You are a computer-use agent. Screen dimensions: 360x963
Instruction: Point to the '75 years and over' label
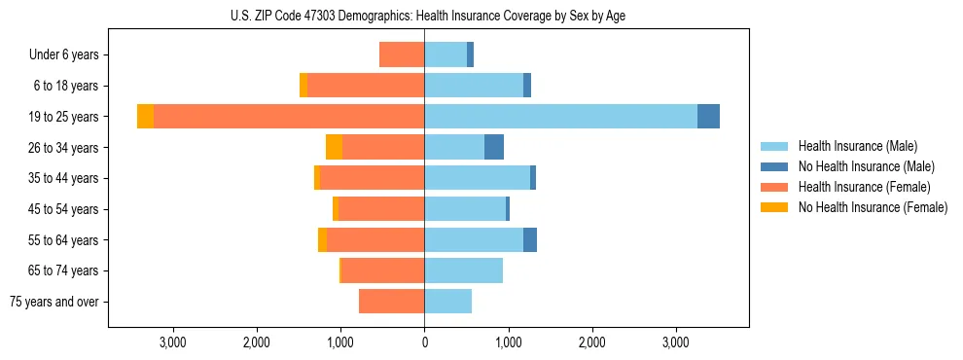pos(54,302)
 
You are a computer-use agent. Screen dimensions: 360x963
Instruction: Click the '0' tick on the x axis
pos(424,343)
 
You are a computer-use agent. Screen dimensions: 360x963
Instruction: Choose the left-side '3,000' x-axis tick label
pos(172,343)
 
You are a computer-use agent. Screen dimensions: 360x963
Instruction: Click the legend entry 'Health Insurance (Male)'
pos(857,146)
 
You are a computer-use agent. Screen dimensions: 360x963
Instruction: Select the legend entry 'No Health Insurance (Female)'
pos(873,207)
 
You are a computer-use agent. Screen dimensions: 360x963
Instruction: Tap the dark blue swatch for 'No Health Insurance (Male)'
pos(774,166)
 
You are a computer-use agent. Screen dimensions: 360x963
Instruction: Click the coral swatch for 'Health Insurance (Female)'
pos(774,187)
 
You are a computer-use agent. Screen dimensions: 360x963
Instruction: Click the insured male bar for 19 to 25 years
pos(560,117)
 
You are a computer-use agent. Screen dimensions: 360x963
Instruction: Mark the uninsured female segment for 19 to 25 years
pos(145,117)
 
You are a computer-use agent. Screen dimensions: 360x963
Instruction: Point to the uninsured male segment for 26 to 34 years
pos(494,147)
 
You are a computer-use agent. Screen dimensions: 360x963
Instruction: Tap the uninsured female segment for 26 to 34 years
pos(334,147)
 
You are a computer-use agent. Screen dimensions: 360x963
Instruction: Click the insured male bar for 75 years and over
pos(447,302)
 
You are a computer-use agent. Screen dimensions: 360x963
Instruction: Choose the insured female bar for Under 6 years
pos(402,54)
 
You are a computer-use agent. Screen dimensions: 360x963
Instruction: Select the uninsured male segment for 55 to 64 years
pos(530,239)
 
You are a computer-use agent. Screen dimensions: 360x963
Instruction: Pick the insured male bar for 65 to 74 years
pos(463,270)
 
